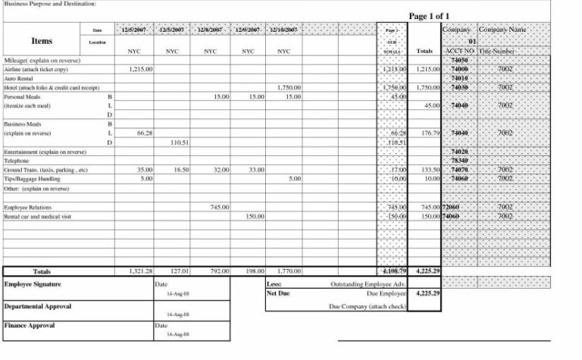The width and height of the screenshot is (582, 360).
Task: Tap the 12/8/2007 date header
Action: click(x=211, y=30)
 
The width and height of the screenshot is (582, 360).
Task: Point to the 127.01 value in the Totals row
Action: click(x=179, y=271)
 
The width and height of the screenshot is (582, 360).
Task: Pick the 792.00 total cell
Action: click(x=218, y=271)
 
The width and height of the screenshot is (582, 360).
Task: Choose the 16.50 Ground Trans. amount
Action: click(x=180, y=170)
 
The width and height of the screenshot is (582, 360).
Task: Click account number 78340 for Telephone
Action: click(x=459, y=161)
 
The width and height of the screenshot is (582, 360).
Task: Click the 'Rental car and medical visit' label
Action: click(x=38, y=216)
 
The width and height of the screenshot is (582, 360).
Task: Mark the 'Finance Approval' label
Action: click(x=30, y=325)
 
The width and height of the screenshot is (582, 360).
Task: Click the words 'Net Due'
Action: click(x=279, y=293)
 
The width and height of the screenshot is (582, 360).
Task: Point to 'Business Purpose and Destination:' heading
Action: click(x=50, y=4)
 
